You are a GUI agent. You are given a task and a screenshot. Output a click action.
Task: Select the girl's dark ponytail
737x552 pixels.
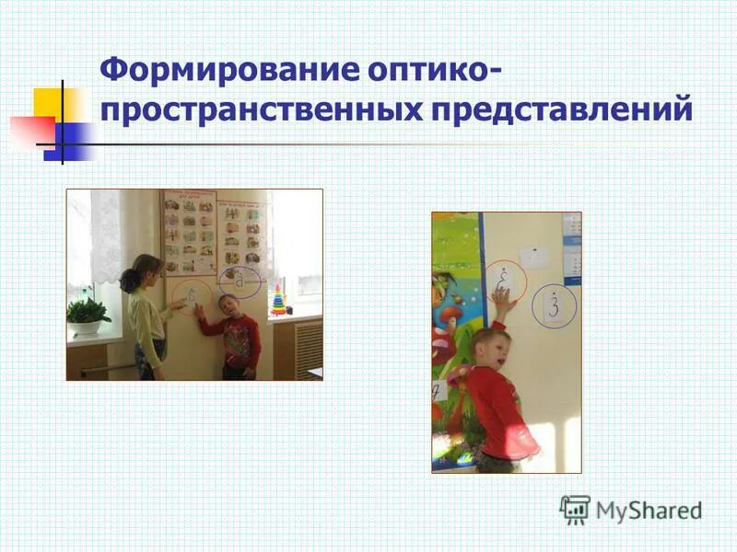[x=130, y=280]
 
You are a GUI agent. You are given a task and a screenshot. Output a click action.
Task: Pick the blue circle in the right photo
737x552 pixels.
[x=554, y=305]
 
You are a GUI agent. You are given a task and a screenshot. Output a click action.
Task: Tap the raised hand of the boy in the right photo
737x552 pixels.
[x=501, y=300]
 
